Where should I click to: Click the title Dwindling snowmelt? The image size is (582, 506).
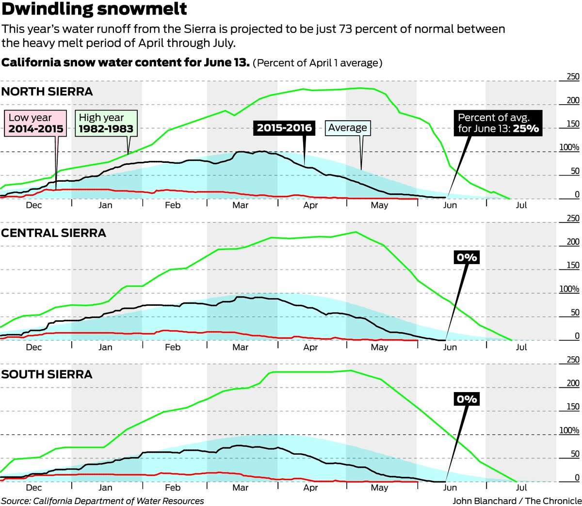[94, 10]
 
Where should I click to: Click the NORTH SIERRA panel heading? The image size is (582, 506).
[47, 92]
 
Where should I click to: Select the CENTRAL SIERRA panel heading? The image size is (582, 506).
[53, 233]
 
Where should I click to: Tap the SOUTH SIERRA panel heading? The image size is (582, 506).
[47, 374]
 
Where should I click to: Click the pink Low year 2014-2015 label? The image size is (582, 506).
[36, 123]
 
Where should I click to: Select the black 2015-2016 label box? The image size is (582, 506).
[284, 128]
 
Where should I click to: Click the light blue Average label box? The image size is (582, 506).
[347, 128]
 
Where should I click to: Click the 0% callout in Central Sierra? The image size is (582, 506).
[467, 257]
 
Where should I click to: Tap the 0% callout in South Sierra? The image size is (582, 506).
[467, 399]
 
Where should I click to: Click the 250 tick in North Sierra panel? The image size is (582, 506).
[573, 77]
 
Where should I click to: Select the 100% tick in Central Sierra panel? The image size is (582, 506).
[569, 289]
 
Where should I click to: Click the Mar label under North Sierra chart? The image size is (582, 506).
[240, 205]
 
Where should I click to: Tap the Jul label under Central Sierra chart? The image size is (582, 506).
[521, 347]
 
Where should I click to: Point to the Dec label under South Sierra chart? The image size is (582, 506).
[34, 488]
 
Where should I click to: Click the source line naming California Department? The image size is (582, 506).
[102, 501]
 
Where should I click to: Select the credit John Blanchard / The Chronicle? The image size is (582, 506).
[517, 501]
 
